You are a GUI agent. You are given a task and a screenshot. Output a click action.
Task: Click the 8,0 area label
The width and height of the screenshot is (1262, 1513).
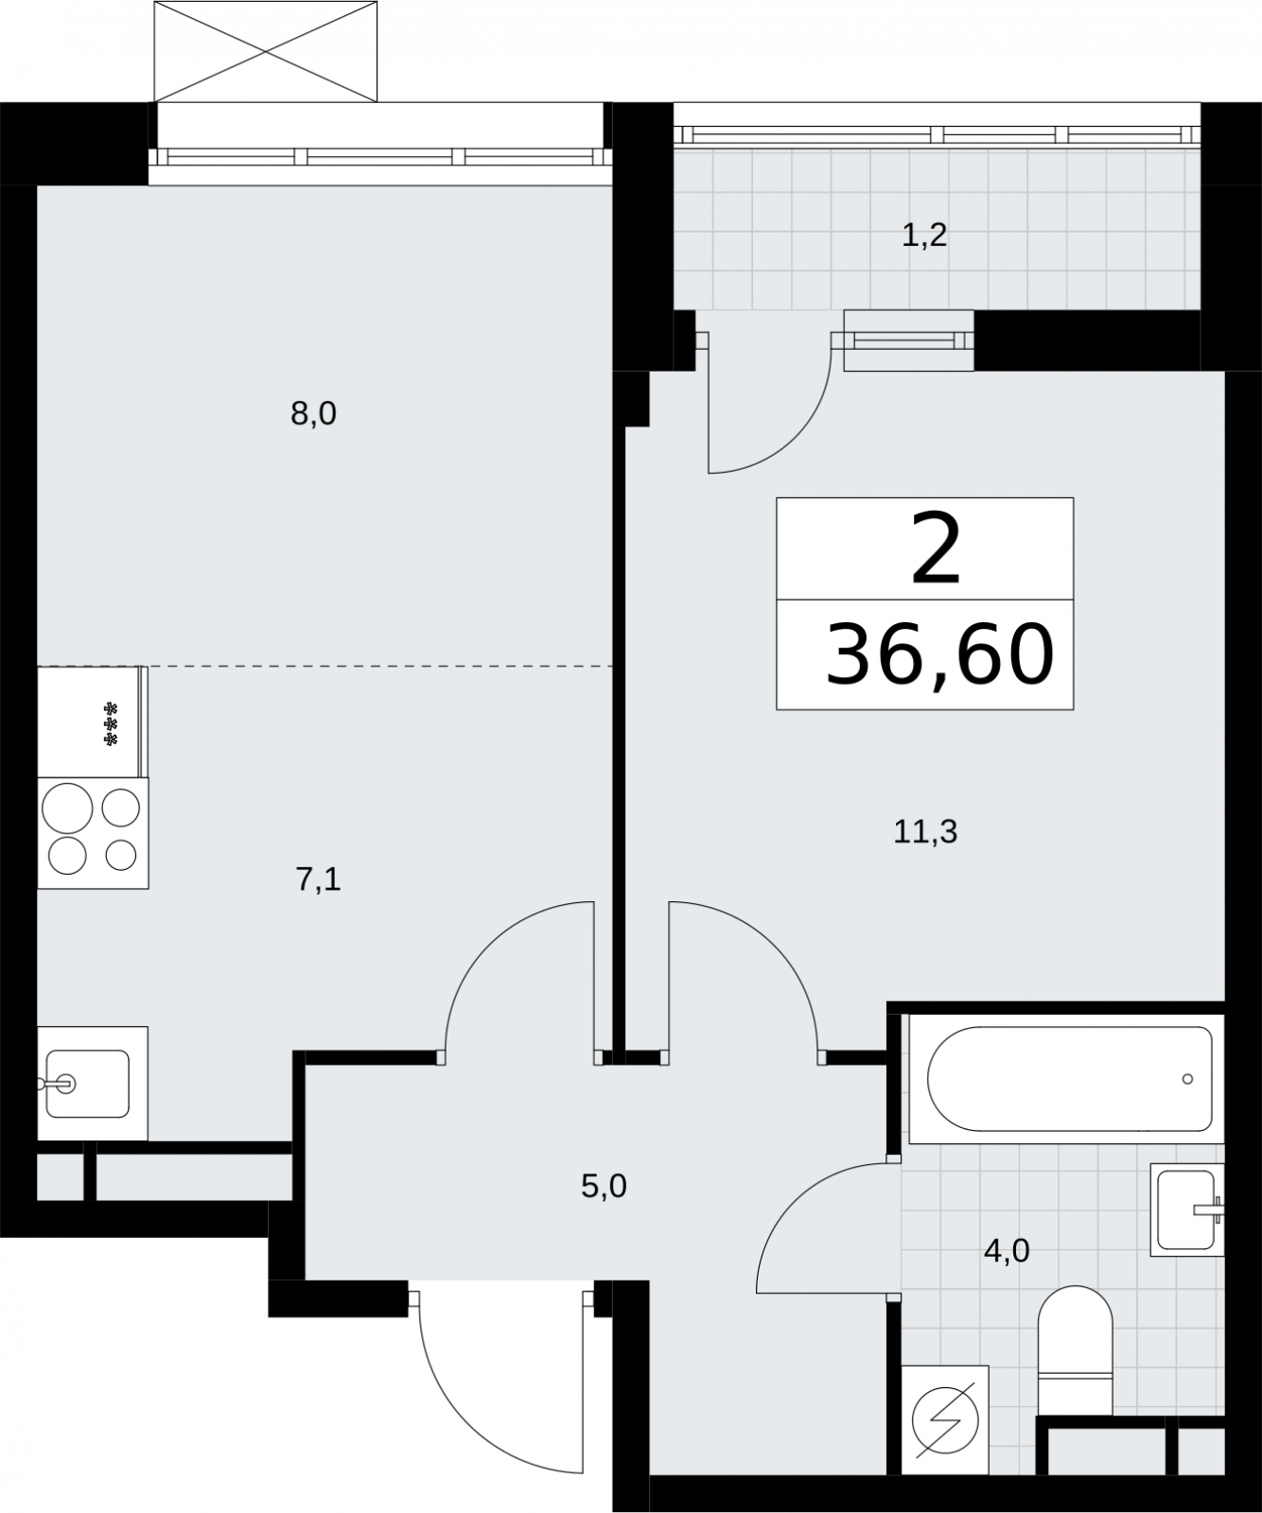(314, 414)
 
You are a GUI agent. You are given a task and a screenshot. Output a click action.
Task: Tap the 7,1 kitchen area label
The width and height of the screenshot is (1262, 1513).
(318, 879)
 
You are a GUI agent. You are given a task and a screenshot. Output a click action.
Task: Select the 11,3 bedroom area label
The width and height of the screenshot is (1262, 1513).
(925, 831)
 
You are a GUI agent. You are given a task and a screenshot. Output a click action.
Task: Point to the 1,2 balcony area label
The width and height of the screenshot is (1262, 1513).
(924, 235)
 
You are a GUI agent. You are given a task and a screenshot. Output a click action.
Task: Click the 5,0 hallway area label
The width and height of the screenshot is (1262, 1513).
(604, 1185)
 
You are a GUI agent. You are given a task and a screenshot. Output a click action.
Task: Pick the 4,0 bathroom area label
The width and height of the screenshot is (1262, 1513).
(1007, 1251)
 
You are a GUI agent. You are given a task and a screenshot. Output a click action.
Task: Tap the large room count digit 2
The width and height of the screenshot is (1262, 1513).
(937, 548)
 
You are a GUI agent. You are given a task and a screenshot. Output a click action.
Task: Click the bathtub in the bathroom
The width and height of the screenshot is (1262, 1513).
(1067, 1078)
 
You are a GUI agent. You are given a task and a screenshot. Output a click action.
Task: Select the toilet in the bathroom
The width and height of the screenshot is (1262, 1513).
(1075, 1350)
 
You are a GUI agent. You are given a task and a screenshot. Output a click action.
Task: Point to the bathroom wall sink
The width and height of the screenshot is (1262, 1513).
(1187, 1209)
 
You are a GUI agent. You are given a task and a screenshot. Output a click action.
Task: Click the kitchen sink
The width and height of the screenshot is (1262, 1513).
(93, 1083)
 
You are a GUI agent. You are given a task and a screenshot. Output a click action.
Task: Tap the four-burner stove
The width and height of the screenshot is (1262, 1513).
(93, 833)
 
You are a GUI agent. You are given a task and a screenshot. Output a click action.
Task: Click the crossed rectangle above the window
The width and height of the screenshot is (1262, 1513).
(266, 50)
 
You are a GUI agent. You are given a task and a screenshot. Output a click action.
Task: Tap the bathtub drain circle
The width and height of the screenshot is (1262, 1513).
(1187, 1078)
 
